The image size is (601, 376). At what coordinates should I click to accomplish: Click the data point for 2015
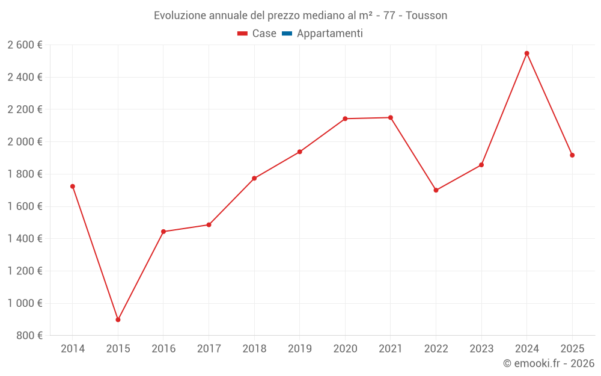coord(118,319)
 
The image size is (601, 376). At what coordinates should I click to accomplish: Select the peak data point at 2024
coord(526,54)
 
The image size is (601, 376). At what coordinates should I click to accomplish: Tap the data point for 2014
coord(73,186)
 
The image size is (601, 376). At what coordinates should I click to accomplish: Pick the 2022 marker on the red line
coord(436,190)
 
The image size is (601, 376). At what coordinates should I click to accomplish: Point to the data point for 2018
coord(254,178)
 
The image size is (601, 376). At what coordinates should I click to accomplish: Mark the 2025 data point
coord(572,155)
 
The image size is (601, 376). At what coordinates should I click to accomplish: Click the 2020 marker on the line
coord(345,119)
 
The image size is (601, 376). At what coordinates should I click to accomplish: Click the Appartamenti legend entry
coord(329,34)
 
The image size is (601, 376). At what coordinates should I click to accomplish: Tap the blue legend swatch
coord(287,34)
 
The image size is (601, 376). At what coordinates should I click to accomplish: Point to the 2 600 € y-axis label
coord(25,45)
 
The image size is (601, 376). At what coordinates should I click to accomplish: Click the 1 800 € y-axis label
coord(25,174)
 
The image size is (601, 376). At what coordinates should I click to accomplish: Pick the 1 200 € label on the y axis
coord(25,271)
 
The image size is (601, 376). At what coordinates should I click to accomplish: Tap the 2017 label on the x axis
coord(209,349)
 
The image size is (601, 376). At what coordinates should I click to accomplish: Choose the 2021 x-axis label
coord(390,349)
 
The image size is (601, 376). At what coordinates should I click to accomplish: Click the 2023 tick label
coord(481,349)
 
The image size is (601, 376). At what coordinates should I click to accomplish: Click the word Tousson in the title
coord(426,16)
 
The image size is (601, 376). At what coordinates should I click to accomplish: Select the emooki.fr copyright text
coord(548,363)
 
